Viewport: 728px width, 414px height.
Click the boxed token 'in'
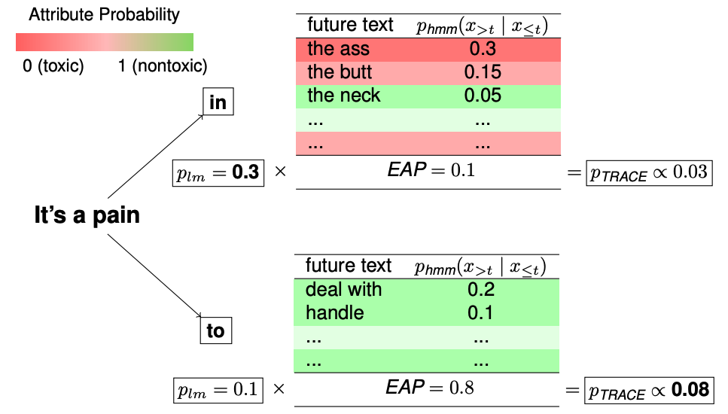(218, 102)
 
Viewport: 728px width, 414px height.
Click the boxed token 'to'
(215, 330)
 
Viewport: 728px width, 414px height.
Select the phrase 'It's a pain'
(87, 215)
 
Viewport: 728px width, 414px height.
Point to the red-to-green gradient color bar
(105, 41)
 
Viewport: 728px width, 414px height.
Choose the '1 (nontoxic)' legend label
(163, 66)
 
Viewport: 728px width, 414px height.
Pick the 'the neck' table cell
(344, 96)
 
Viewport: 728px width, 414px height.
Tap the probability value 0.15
(483, 73)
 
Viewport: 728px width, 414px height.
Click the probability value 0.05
(483, 96)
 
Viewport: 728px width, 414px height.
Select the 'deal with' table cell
(343, 290)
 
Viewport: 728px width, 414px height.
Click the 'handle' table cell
(335, 312)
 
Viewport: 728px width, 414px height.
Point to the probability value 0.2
(480, 290)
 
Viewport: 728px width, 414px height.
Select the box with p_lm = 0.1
(218, 389)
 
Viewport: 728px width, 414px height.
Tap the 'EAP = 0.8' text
(430, 388)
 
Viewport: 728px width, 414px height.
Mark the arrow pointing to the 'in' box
(155, 156)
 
